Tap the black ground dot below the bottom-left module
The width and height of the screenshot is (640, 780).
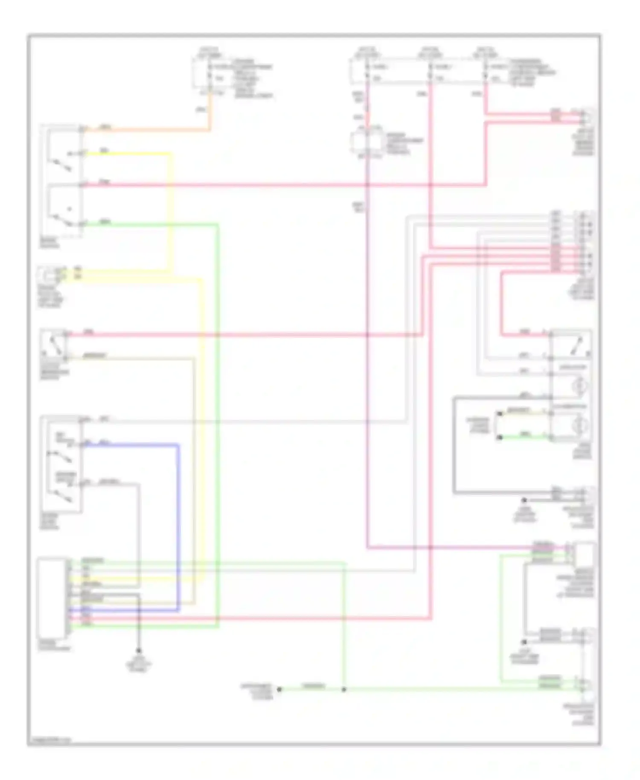click(138, 651)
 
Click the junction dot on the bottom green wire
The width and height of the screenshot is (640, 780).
click(344, 689)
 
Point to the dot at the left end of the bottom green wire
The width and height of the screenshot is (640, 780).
click(279, 689)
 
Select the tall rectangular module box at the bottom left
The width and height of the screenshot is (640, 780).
click(52, 597)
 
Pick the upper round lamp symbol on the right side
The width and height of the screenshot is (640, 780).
click(580, 386)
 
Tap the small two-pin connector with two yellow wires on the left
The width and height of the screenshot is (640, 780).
click(50, 274)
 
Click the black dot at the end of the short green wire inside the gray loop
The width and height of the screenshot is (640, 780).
click(500, 437)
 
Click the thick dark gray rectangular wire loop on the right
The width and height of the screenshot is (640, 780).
click(454, 448)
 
